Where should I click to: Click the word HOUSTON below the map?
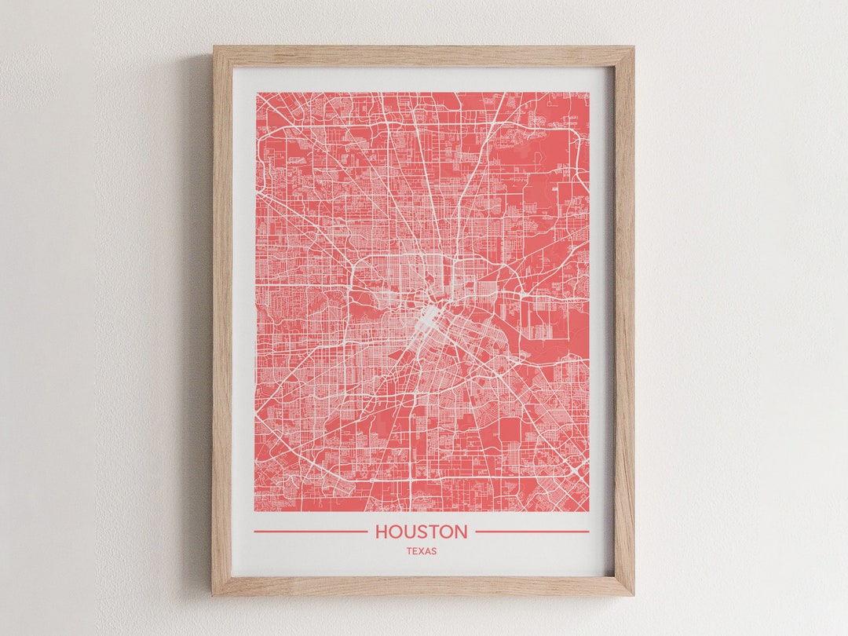421,532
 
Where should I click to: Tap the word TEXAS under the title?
422,551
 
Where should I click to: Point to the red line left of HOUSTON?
310,532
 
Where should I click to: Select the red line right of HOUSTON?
532,532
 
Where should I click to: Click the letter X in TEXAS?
422,551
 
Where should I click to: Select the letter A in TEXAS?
428,551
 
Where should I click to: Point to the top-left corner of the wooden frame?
214,47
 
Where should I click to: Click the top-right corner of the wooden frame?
633,47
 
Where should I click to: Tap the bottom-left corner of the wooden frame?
213,594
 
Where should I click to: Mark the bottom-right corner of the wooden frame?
633,594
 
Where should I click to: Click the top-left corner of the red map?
256,93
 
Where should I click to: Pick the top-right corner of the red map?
589,93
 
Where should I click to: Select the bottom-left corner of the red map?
256,511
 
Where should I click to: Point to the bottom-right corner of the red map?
589,511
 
